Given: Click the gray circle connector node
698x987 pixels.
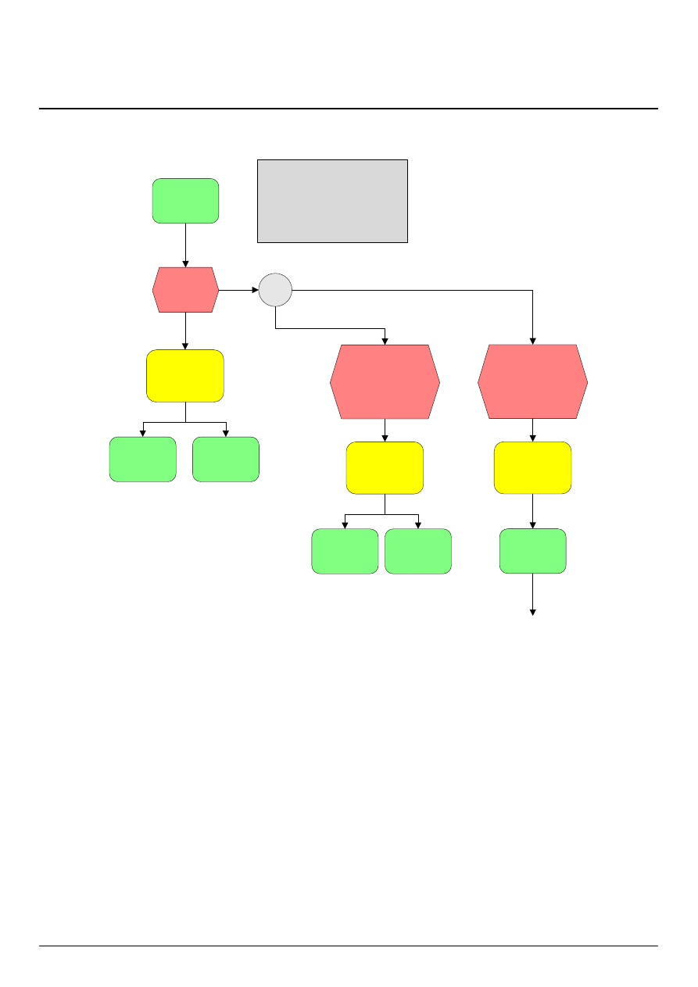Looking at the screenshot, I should click(x=275, y=290).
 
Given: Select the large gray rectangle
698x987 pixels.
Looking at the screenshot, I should click(x=332, y=201).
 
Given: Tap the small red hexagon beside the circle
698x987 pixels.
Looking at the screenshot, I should click(x=185, y=290).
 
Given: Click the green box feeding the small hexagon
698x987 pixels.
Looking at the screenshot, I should click(x=185, y=201).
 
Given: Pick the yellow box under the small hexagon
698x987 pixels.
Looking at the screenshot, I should click(x=185, y=376).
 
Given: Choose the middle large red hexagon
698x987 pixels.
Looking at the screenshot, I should click(x=385, y=381).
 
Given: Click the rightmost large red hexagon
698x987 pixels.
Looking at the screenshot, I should click(x=532, y=381).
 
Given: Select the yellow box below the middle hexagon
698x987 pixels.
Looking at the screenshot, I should click(x=385, y=467).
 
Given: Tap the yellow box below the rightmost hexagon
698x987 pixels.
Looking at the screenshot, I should click(x=532, y=467).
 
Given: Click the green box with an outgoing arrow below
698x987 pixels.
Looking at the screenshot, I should click(x=532, y=551).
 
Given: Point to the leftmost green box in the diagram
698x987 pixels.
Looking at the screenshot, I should click(x=142, y=459).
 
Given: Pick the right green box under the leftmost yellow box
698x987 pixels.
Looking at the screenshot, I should click(x=226, y=459).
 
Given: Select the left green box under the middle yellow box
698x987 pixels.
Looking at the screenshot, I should click(x=345, y=551).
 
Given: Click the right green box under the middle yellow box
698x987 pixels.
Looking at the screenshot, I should click(x=418, y=551).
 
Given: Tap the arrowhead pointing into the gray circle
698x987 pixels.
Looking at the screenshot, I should click(x=255, y=290).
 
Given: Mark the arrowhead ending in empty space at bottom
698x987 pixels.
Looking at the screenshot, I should click(x=533, y=613).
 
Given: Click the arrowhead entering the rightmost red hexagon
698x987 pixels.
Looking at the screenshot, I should click(x=533, y=341).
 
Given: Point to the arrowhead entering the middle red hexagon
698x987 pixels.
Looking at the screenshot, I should click(x=385, y=341).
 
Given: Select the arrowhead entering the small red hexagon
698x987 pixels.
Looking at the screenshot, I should click(x=185, y=263).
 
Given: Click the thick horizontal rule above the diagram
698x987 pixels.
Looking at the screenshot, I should click(x=349, y=109).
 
